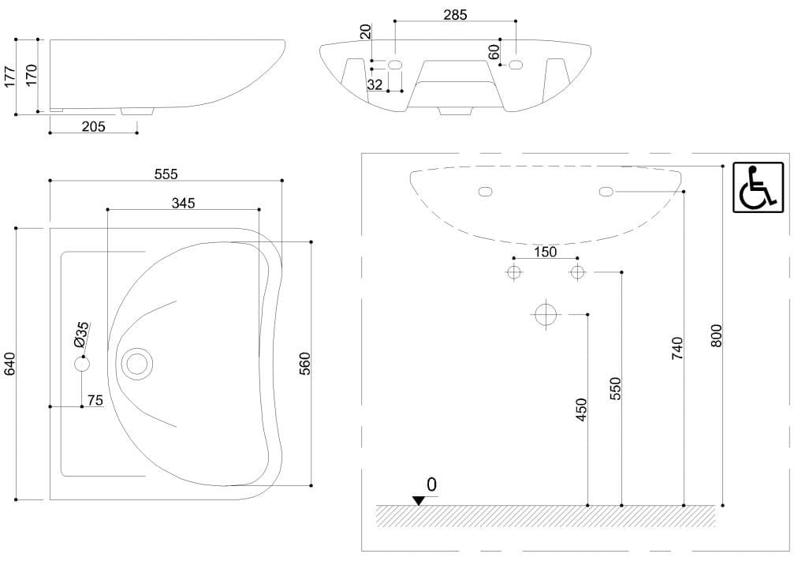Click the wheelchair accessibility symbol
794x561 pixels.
point(759,188)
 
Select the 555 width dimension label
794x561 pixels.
point(166,174)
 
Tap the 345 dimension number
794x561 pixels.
point(183,203)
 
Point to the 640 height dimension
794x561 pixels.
point(10,363)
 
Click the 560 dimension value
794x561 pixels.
point(305,363)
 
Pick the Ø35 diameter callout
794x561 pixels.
point(82,335)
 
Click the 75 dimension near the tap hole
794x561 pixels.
point(95,401)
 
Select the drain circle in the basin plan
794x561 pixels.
point(138,364)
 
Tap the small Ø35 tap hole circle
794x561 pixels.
point(82,364)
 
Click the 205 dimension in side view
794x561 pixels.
point(94,126)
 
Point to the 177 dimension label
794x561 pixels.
point(10,76)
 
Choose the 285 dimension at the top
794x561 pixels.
point(455,14)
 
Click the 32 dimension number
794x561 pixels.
point(375,84)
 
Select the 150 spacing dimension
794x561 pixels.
point(545,252)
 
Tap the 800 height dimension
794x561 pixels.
point(716,335)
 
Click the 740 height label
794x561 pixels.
point(677,348)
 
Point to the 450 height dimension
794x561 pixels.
point(582,410)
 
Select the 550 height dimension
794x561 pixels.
point(616,389)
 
